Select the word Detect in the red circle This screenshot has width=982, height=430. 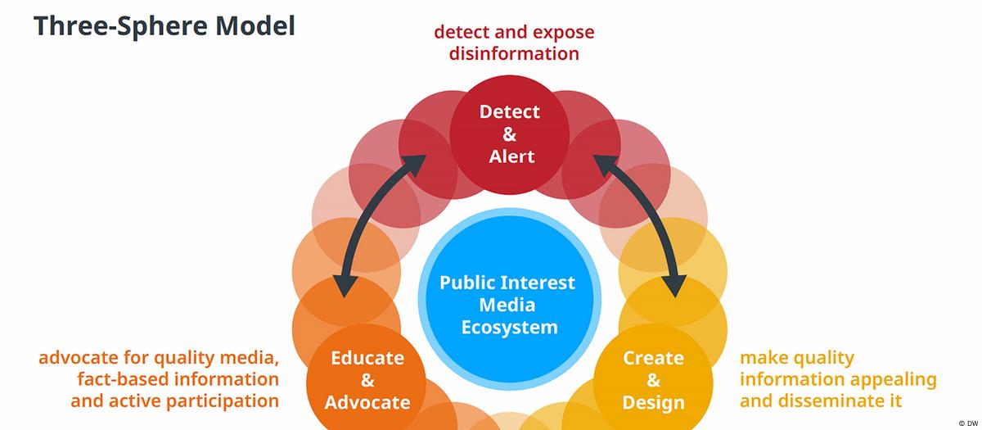pyautogui.click(x=510, y=111)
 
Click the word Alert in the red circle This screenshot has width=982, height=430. pyautogui.click(x=510, y=156)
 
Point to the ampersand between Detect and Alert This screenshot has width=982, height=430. pyautogui.click(x=510, y=134)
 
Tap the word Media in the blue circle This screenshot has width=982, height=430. pyautogui.click(x=508, y=306)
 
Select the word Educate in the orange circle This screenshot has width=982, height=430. pyautogui.click(x=367, y=358)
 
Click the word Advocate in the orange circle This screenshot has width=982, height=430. pyautogui.click(x=367, y=402)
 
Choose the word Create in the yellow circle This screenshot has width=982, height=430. pyautogui.click(x=653, y=358)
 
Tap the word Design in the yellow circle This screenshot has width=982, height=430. pyautogui.click(x=653, y=402)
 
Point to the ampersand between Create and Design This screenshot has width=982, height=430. pyautogui.click(x=653, y=380)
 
